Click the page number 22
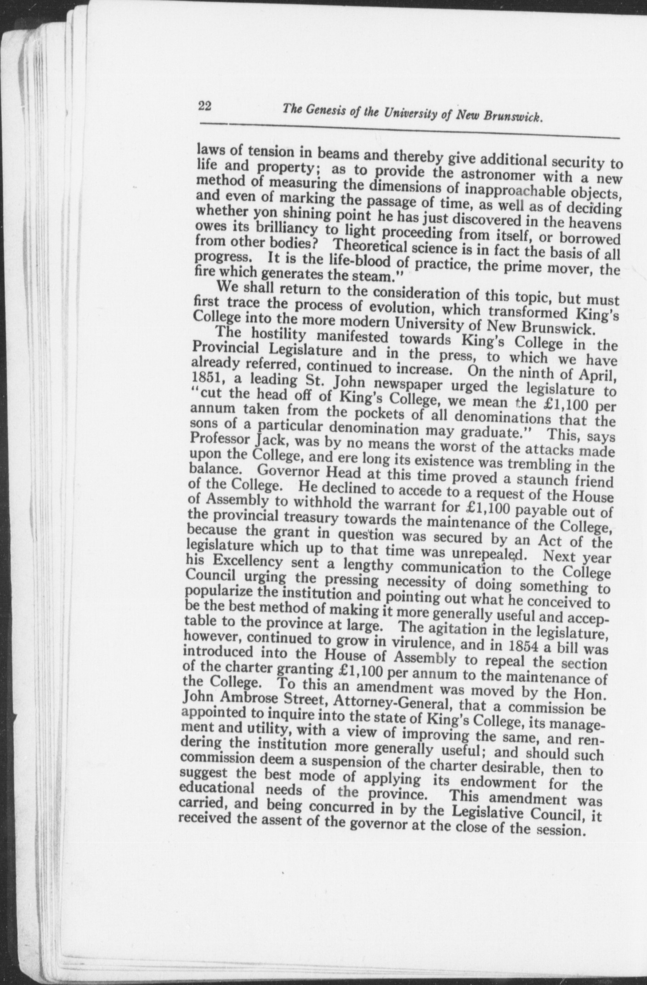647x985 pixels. [204, 106]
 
